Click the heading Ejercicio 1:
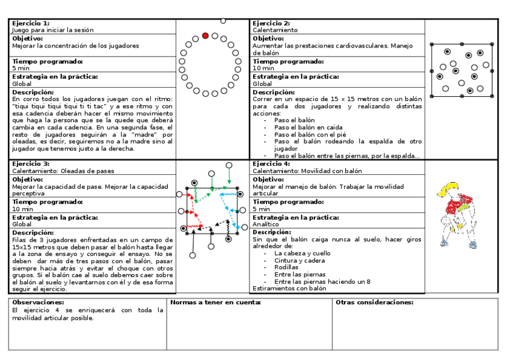(x=31, y=23)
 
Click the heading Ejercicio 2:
(x=271, y=23)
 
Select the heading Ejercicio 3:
(x=31, y=163)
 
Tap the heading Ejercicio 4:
(x=271, y=163)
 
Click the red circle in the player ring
(x=205, y=36)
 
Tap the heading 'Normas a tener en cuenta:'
(x=215, y=302)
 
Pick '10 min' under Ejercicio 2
(x=264, y=69)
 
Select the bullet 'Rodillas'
(x=286, y=267)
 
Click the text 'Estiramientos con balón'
(x=289, y=288)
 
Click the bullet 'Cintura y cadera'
(x=298, y=260)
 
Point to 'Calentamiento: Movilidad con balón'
(x=307, y=171)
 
